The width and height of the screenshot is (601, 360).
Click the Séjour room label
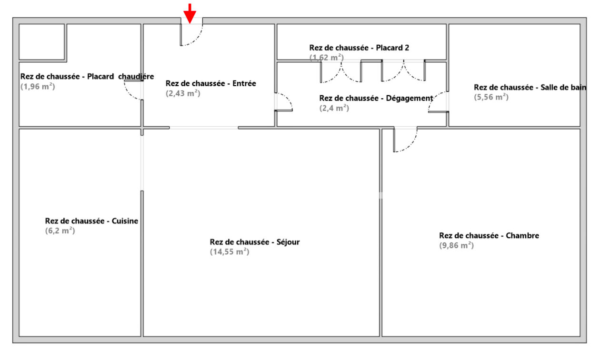coord(255,242)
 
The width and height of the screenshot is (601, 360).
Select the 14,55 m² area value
coord(230,252)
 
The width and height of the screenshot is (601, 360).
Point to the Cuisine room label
coord(91,221)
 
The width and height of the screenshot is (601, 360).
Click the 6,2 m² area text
coord(60,230)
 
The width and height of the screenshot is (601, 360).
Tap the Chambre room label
coord(489,236)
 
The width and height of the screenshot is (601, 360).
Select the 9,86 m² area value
coord(456,246)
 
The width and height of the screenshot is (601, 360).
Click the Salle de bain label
coord(530,88)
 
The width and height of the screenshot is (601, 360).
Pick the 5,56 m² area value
coord(491,97)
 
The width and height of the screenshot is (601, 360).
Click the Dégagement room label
coord(376,98)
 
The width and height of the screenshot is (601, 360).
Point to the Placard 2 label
coord(359,48)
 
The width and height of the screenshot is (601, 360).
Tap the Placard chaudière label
coord(87,77)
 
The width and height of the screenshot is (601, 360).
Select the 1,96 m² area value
coord(38,87)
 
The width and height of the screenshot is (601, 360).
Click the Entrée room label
coord(210,83)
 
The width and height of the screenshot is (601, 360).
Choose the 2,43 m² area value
coord(183,93)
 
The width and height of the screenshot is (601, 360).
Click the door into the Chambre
coord(405,140)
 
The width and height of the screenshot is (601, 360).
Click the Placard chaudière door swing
coord(134,90)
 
